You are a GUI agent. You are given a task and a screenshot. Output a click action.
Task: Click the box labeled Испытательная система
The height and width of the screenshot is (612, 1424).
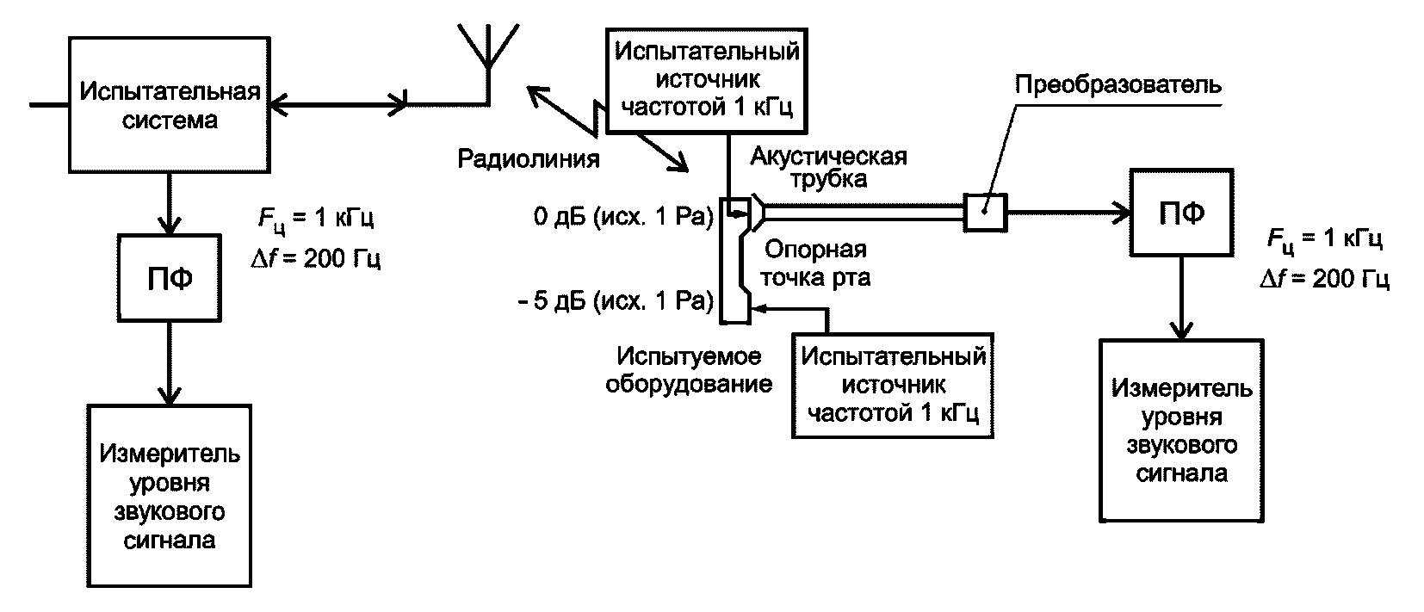coord(170,105)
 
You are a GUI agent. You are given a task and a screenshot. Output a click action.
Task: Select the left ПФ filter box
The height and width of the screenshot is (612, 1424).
coord(170,278)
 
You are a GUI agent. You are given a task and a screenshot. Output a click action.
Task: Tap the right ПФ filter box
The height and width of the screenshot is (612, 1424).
coord(1182,213)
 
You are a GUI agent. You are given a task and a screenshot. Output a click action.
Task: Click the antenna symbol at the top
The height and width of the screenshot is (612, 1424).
coord(488,64)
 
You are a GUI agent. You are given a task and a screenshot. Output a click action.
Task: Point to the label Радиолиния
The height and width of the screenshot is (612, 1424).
coord(529,158)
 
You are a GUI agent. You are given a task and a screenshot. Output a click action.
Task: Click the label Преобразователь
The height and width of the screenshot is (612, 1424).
coord(1118,84)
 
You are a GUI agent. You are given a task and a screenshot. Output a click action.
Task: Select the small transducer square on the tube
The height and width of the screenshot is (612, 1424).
coord(985,213)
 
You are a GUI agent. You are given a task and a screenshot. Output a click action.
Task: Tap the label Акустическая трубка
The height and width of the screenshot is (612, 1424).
coord(828,168)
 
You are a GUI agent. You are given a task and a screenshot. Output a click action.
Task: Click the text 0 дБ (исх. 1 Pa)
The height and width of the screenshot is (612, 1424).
coord(623,217)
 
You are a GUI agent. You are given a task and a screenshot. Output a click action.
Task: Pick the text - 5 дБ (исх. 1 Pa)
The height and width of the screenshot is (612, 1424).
coord(616,300)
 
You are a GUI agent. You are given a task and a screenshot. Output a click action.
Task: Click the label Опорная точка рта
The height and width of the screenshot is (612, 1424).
coord(815,263)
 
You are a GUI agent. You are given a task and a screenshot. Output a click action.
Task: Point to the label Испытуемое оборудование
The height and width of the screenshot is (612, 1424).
coord(689,370)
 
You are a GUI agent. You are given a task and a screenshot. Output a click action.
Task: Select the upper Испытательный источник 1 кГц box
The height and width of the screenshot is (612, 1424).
coord(707,81)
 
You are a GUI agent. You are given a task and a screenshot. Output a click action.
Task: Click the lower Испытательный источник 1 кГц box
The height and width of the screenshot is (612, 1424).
coord(893,386)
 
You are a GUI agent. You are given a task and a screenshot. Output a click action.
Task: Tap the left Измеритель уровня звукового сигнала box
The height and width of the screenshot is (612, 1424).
coord(169,496)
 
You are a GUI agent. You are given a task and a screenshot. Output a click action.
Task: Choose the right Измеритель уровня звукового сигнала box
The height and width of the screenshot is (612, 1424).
coord(1182,431)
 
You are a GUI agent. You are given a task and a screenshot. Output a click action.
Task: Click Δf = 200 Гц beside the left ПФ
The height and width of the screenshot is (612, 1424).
coord(316,258)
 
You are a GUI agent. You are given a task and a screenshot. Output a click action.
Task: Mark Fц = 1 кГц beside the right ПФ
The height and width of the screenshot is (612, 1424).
coord(1325,240)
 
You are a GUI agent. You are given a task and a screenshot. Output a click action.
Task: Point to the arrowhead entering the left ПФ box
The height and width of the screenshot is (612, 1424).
coord(169,226)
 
